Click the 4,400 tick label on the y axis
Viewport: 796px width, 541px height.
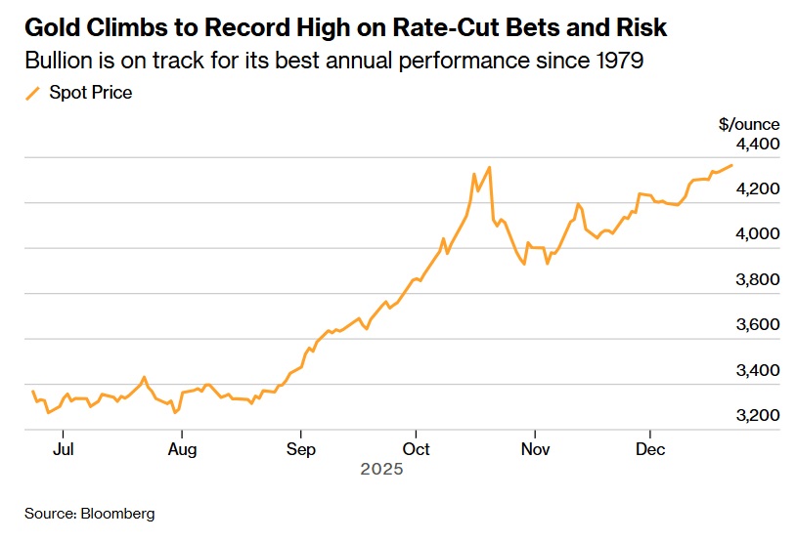(x=758, y=145)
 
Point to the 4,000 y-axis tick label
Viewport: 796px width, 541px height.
(x=758, y=234)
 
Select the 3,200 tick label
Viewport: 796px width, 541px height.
(x=758, y=416)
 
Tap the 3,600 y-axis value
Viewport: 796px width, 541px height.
(x=758, y=325)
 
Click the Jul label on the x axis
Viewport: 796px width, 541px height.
(x=63, y=449)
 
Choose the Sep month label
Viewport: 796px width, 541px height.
(x=301, y=449)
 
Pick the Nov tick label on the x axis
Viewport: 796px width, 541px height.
(x=535, y=449)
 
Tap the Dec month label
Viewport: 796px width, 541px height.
(x=650, y=449)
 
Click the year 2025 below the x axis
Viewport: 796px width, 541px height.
(x=381, y=470)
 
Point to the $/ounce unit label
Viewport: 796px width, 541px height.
(x=749, y=124)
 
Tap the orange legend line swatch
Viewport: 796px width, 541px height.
(x=32, y=93)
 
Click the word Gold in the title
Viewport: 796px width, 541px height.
(x=51, y=25)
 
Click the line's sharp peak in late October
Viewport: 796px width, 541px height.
(x=489, y=167)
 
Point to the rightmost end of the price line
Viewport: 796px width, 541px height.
(x=731, y=165)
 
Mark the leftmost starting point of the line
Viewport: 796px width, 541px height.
(x=32, y=391)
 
